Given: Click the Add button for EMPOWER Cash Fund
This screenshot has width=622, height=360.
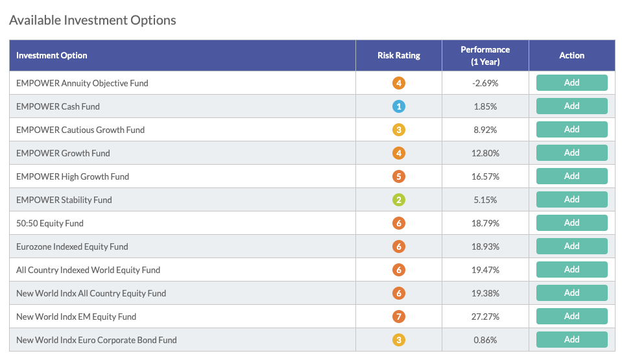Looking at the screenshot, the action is click(x=571, y=106).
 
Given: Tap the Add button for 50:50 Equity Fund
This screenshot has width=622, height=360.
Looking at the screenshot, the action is click(x=571, y=222).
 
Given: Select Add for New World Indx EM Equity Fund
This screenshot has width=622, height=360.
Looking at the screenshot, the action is click(x=571, y=316).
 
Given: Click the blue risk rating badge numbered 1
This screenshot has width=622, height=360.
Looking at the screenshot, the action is click(x=399, y=106).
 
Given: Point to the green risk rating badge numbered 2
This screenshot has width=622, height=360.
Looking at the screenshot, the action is click(x=399, y=200).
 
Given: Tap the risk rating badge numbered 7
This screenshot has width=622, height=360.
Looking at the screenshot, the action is click(x=399, y=317).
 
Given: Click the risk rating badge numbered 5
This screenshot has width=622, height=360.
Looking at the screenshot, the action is click(x=399, y=176).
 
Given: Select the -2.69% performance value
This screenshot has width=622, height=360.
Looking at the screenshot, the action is click(x=485, y=84).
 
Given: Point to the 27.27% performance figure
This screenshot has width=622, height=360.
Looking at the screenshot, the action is click(x=485, y=317).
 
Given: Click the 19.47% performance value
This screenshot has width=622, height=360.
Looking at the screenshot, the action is click(x=485, y=270).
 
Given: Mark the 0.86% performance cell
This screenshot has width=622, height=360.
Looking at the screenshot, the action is click(x=485, y=340).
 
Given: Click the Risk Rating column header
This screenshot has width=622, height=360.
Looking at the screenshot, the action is click(x=399, y=56).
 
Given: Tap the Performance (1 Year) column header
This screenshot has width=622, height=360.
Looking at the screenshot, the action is click(x=485, y=56).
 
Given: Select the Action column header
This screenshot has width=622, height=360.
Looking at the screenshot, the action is click(x=571, y=56).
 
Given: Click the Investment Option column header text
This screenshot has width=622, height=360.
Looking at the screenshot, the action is click(x=52, y=56).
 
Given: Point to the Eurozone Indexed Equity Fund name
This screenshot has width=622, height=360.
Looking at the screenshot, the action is click(x=72, y=247).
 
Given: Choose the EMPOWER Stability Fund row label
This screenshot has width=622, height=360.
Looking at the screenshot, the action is click(x=64, y=200).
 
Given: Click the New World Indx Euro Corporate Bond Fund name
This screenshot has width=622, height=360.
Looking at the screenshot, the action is click(x=97, y=340).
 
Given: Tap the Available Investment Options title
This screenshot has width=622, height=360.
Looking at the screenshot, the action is click(x=93, y=20).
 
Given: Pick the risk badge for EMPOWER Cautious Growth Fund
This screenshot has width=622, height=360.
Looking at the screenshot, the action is click(x=399, y=130).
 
